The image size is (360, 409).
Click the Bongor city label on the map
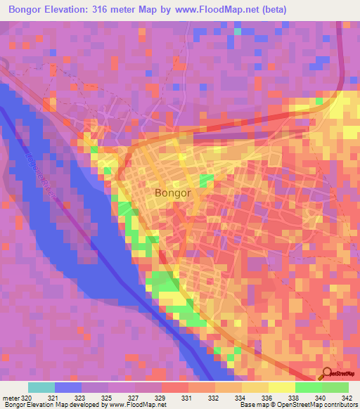pos(172,192)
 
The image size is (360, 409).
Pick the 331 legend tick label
pos(188,397)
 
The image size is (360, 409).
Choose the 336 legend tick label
pos(269,397)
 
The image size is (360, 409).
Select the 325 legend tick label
pos(108,397)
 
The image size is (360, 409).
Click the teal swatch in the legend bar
pos(41,387)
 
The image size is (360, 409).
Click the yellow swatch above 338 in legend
pos(282,387)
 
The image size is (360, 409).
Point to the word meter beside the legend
pos(10,397)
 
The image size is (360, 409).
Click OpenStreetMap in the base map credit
pos(290,405)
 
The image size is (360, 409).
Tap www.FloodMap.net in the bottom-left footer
pos(131,405)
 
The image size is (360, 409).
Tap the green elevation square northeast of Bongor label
pos(206,181)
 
